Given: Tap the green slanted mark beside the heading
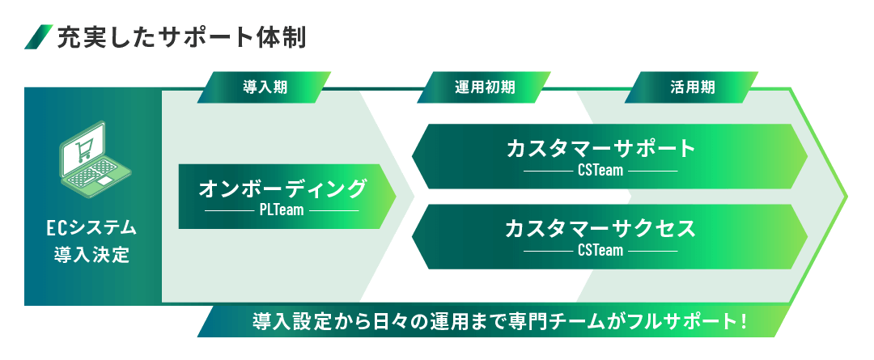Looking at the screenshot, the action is coord(39,37).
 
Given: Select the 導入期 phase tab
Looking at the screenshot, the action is coord(265,87).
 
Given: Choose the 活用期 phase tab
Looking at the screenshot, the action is coord(692,87).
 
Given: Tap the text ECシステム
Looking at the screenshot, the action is coord(92,228).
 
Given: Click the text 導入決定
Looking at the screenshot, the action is coord(92,255).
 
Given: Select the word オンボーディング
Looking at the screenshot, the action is coord(282,189).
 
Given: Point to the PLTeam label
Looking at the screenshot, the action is coord(282,210).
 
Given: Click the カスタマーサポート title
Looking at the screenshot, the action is coord(601,149).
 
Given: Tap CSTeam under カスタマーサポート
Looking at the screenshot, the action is coord(600,171).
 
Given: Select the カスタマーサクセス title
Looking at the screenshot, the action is coord(600,229).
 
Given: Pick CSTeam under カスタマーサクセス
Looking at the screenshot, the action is coord(600,251).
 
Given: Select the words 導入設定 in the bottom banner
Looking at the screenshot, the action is coord(286,322).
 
